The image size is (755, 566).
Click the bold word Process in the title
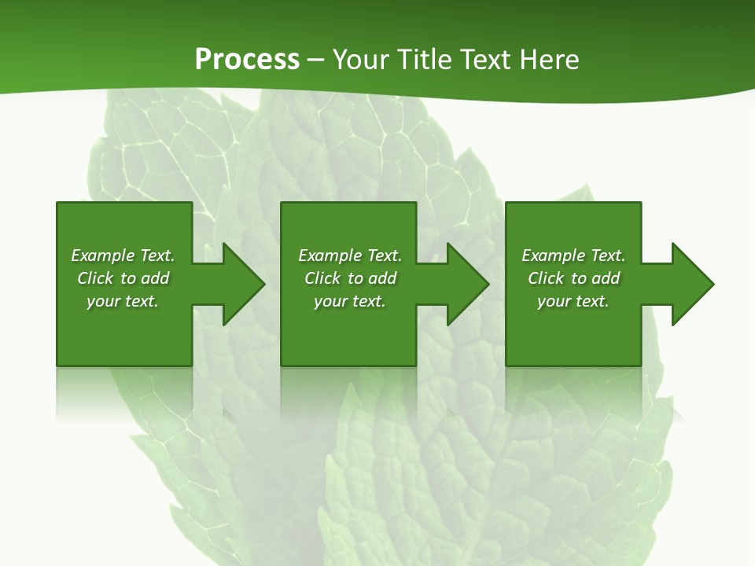pyautogui.click(x=247, y=60)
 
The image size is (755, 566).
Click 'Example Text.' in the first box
pyautogui.click(x=123, y=255)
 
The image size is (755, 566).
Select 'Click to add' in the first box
pyautogui.click(x=123, y=278)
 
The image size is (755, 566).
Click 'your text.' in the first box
pyautogui.click(x=123, y=301)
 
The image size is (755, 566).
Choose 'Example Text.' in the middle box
pyautogui.click(x=350, y=255)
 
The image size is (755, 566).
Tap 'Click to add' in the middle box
pyautogui.click(x=350, y=278)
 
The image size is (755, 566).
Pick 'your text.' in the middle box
pyautogui.click(x=350, y=301)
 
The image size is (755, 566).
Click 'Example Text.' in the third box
pyautogui.click(x=573, y=255)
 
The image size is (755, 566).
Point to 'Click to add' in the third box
pyautogui.click(x=573, y=278)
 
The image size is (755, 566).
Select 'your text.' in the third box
pyautogui.click(x=573, y=301)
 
